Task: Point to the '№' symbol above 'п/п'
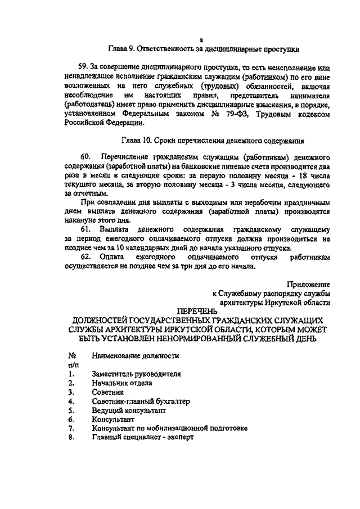tap(71, 355)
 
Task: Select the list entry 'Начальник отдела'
tap(122, 383)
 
